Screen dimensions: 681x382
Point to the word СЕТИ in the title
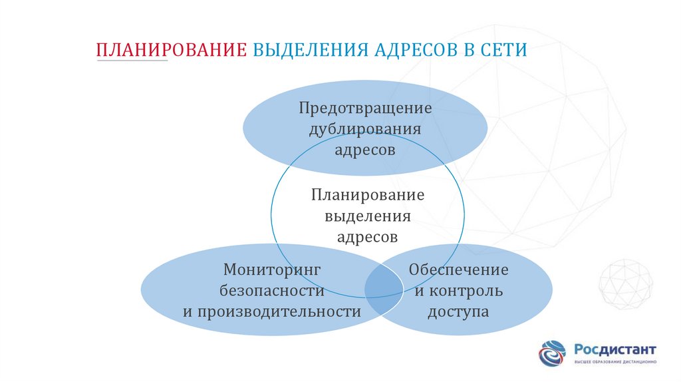503,51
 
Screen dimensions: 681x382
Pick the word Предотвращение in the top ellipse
365,107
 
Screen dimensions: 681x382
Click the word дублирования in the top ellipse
365,128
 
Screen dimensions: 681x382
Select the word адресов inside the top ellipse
365,150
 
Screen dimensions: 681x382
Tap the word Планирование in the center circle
367,195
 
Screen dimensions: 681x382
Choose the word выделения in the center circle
367,216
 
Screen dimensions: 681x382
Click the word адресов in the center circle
367,237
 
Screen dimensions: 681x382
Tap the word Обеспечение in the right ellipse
458,270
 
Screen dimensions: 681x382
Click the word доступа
458,311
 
